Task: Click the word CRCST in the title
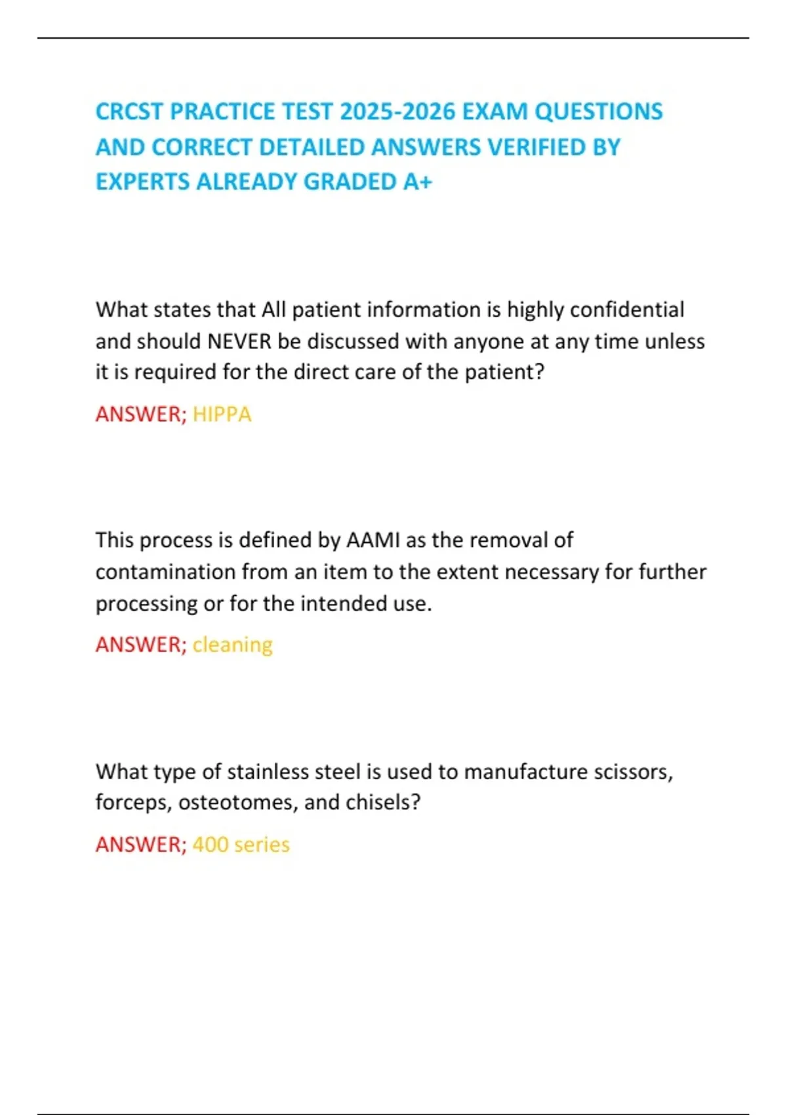[129, 111]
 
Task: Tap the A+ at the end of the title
[418, 182]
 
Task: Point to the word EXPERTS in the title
[142, 182]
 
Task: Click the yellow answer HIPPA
[222, 415]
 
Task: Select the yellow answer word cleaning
[232, 645]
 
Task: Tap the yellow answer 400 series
[241, 844]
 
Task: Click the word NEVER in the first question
[239, 342]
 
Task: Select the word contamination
[165, 572]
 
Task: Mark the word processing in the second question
[147, 603]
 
